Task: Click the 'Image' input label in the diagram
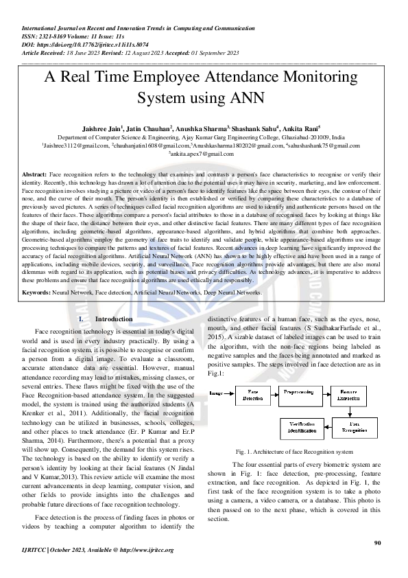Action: [215, 393]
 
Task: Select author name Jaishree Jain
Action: [102, 128]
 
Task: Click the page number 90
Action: [376, 543]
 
